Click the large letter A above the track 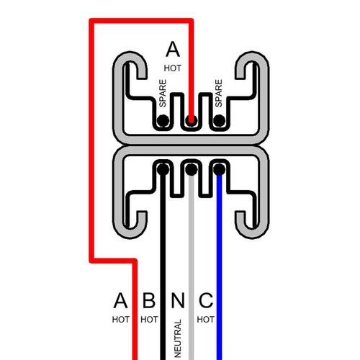click(x=173, y=49)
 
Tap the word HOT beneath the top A click(x=173, y=68)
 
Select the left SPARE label click(x=163, y=94)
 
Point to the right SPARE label click(x=219, y=94)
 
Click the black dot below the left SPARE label click(x=163, y=120)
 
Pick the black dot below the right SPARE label click(x=219, y=120)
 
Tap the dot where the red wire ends click(x=191, y=120)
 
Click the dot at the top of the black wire click(x=163, y=169)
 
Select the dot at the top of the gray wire click(x=192, y=169)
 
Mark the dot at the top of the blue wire click(x=219, y=169)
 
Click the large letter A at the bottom click(x=120, y=300)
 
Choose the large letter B click(x=149, y=300)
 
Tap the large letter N click(x=178, y=300)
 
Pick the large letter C click(x=206, y=300)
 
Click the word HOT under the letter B click(x=149, y=320)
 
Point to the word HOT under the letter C click(x=206, y=320)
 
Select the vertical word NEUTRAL click(x=177, y=338)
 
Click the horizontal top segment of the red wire click(x=141, y=21)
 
